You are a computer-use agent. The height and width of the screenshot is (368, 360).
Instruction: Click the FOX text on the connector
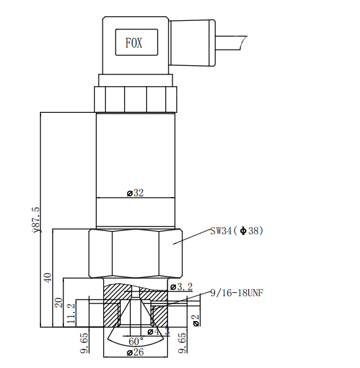(x=134, y=43)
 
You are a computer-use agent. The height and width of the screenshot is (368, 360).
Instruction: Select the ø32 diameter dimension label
(x=135, y=193)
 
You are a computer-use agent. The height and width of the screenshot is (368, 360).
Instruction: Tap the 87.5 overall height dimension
(x=36, y=220)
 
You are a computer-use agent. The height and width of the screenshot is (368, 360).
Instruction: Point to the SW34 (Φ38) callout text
(x=237, y=231)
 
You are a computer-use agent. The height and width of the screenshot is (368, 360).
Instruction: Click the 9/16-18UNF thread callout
(x=237, y=293)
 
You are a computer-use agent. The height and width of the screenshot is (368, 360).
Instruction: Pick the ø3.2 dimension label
(x=182, y=286)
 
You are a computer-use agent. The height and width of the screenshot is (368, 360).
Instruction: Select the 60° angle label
(x=136, y=341)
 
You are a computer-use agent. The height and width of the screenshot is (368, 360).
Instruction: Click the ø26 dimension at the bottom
(x=135, y=352)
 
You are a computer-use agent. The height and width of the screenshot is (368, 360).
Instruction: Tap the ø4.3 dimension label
(x=159, y=331)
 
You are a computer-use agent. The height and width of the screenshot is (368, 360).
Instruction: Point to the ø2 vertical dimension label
(x=196, y=320)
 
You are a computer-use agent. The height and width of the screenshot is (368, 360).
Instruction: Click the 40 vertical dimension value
(x=48, y=278)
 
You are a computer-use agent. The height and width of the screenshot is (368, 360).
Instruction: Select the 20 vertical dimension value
(x=59, y=303)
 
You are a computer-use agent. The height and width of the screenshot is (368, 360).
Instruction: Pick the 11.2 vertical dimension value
(x=71, y=313)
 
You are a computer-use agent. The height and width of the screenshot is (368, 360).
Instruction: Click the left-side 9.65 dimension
(x=84, y=343)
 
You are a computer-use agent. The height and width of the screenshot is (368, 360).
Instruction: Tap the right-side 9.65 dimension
(x=182, y=343)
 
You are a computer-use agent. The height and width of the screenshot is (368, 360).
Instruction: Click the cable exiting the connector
(x=231, y=43)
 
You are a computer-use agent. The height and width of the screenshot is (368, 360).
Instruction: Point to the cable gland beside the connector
(x=191, y=43)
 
